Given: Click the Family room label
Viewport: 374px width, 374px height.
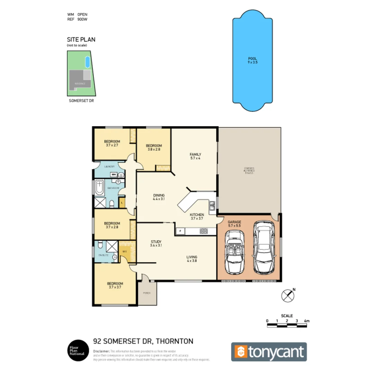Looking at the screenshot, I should coord(195,156).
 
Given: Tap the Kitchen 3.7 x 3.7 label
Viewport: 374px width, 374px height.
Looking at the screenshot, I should coord(196,216).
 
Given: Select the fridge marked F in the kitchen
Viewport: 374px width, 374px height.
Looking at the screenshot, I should coord(180,231).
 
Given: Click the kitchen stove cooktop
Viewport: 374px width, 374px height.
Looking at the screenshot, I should coord(203,231).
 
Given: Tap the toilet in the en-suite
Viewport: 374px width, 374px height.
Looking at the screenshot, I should coord(100,246).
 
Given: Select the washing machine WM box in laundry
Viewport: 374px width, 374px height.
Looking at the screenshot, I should coord(113,174).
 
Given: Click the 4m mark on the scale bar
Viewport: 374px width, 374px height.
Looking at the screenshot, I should coord(306,321).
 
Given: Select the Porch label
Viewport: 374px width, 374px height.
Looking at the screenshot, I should coord(147,293).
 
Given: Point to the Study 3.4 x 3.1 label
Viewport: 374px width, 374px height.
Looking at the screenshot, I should coord(156,243).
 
